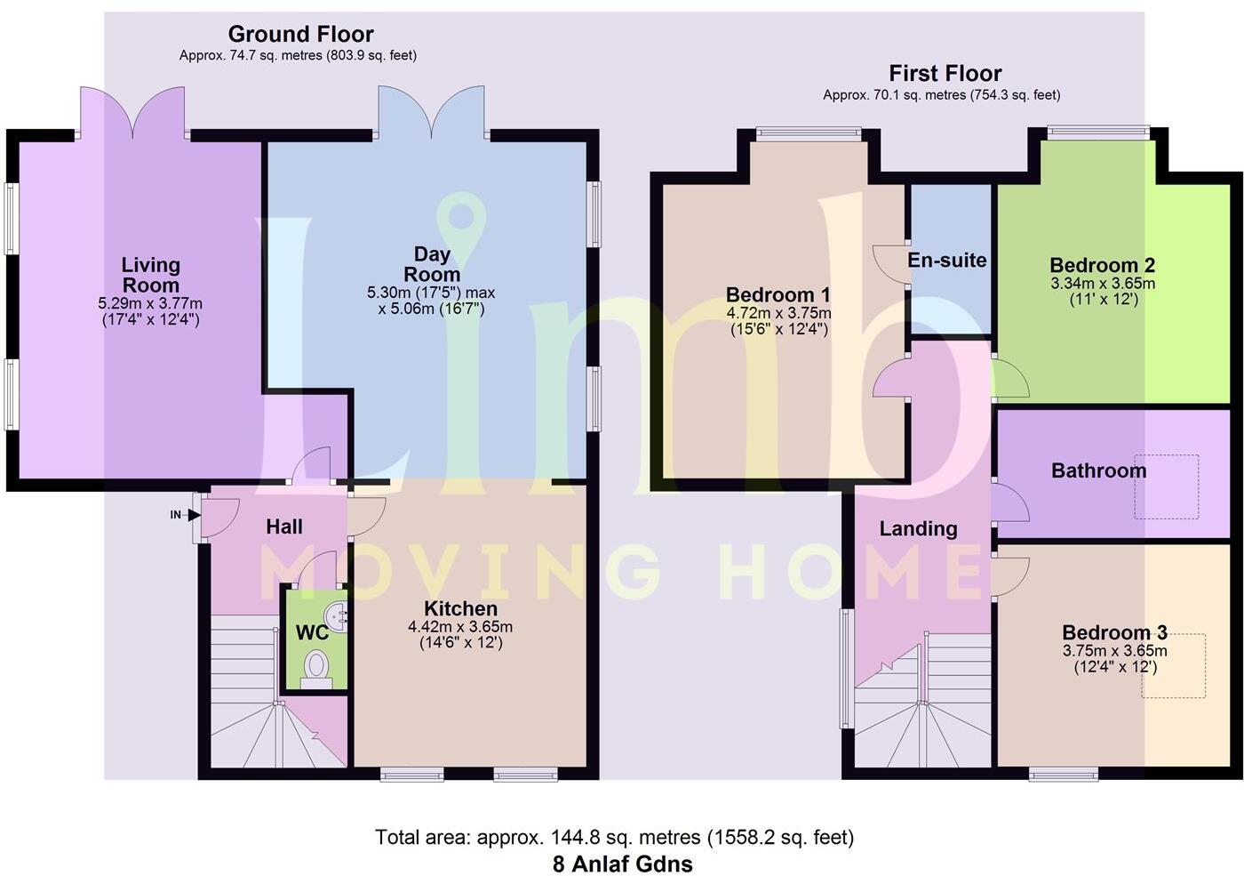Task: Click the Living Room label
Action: click(150, 275)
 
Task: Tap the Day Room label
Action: click(432, 265)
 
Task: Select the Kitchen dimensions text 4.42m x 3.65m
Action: click(460, 627)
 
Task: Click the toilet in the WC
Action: click(315, 667)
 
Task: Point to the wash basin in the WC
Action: click(337, 615)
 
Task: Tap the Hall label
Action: click(284, 527)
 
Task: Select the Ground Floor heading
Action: click(300, 35)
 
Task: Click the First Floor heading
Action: click(945, 74)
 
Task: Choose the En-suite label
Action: click(946, 261)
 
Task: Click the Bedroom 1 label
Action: click(777, 294)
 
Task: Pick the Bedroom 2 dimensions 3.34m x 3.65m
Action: click(1102, 284)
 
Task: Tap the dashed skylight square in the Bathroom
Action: click(1166, 486)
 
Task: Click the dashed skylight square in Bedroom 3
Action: click(1173, 665)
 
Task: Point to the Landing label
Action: click(918, 529)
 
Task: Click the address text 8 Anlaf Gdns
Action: click(622, 864)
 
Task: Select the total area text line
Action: click(614, 838)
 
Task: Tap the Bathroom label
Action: click(1098, 470)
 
